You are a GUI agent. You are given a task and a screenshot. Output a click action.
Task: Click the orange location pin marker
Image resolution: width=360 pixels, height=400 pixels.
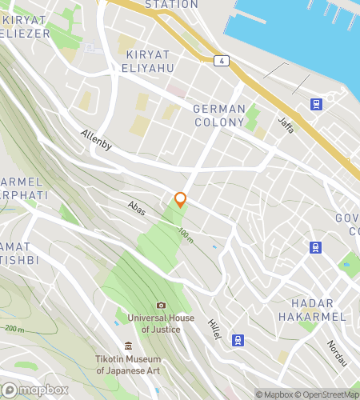click(x=181, y=200)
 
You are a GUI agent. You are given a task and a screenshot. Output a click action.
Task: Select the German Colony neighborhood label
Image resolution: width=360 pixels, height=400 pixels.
click(x=218, y=114)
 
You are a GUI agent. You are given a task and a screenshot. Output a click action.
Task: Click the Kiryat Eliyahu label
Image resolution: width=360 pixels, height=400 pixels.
click(x=150, y=61)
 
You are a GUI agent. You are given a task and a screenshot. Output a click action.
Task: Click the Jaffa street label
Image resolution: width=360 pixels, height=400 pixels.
click(x=286, y=123)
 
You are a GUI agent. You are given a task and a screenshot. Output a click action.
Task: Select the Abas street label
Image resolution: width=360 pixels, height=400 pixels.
click(x=136, y=207)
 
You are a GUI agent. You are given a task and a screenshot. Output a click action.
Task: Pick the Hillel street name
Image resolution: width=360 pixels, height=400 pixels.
click(x=214, y=329)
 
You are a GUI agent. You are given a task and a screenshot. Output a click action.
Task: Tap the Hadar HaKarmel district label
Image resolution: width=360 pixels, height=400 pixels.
click(x=318, y=310)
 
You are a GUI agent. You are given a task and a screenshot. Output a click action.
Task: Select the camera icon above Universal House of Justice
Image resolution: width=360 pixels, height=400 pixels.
click(x=161, y=305)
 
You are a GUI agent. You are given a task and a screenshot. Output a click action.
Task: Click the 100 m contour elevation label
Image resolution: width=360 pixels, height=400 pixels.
click(x=186, y=235)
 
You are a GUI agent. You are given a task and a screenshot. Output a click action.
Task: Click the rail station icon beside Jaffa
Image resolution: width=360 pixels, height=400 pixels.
click(x=316, y=104)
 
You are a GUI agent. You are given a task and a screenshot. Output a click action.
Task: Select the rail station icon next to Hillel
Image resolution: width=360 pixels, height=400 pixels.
click(x=237, y=340)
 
